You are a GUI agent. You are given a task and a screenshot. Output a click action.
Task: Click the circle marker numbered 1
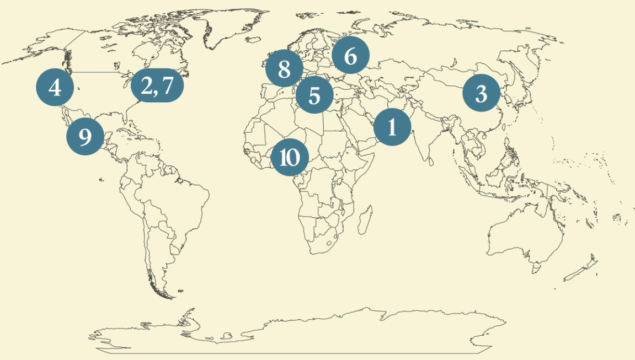392,127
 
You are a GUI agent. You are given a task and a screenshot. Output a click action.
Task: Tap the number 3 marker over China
481,94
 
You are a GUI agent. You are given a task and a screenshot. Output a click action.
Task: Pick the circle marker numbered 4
55,88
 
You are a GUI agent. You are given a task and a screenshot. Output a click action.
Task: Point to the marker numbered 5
314,95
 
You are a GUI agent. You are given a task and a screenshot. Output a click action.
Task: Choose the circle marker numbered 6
350,56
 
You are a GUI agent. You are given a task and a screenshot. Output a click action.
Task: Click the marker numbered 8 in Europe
284,69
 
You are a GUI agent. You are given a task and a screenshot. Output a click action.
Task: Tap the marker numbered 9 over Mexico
85,136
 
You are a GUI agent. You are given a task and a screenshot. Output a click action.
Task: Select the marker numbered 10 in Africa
290,158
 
